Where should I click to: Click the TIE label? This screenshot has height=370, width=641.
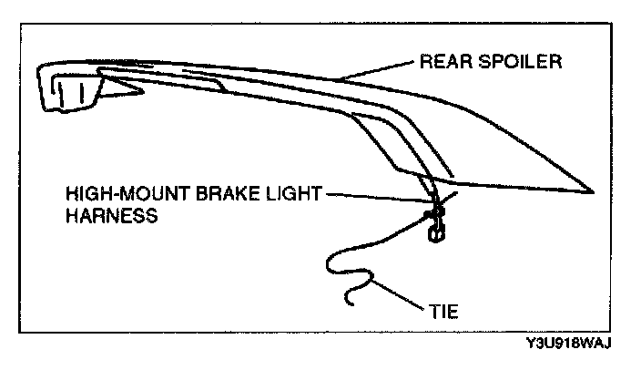pos(444,312)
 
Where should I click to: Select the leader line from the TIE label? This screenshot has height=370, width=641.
pos(401,297)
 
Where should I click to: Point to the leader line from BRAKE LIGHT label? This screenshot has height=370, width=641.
pos(373,197)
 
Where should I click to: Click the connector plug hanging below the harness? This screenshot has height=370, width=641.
pos(434,233)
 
